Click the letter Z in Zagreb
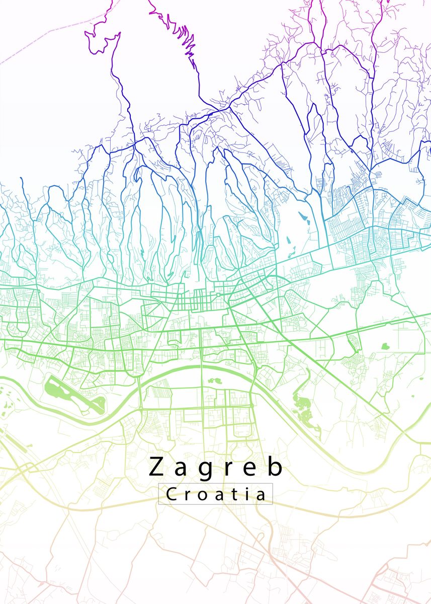[157, 467]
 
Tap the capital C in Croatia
[171, 494]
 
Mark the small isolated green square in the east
[385, 346]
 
